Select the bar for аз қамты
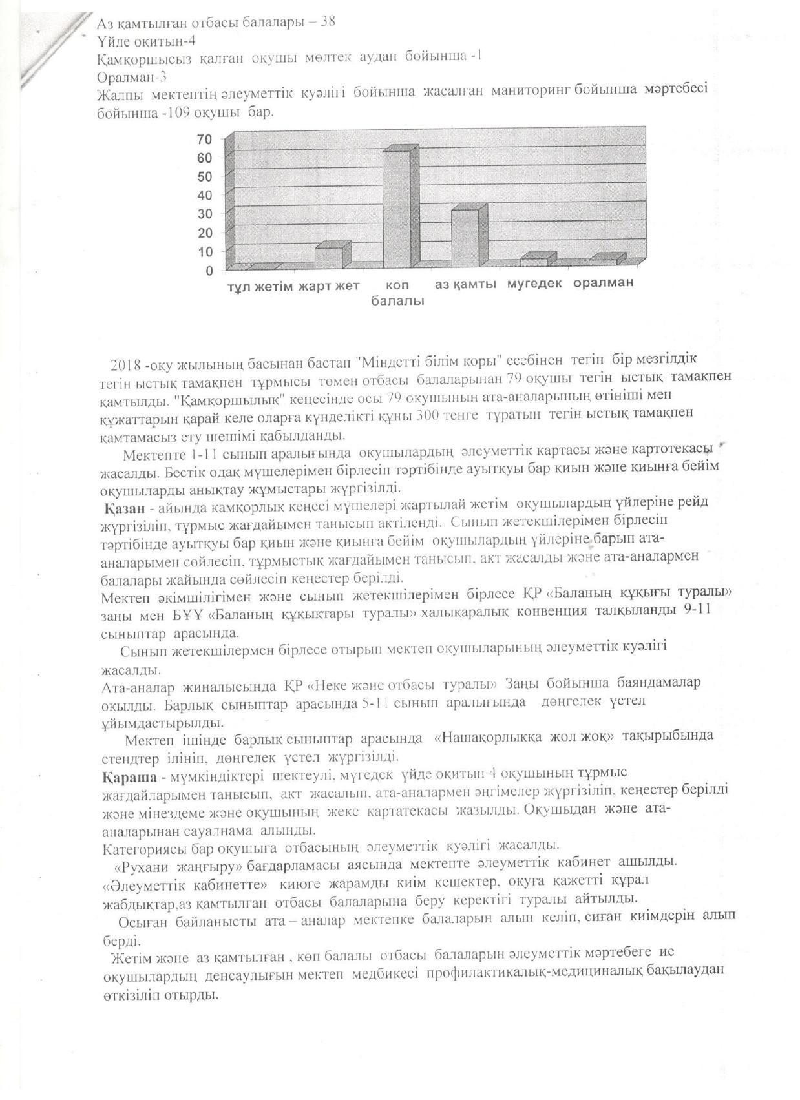click(465, 238)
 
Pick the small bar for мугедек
click(534, 261)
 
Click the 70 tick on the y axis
click(205, 140)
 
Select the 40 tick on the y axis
click(205, 195)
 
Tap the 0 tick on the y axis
click(209, 270)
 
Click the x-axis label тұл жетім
click(259, 285)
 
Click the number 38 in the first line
click(328, 21)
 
